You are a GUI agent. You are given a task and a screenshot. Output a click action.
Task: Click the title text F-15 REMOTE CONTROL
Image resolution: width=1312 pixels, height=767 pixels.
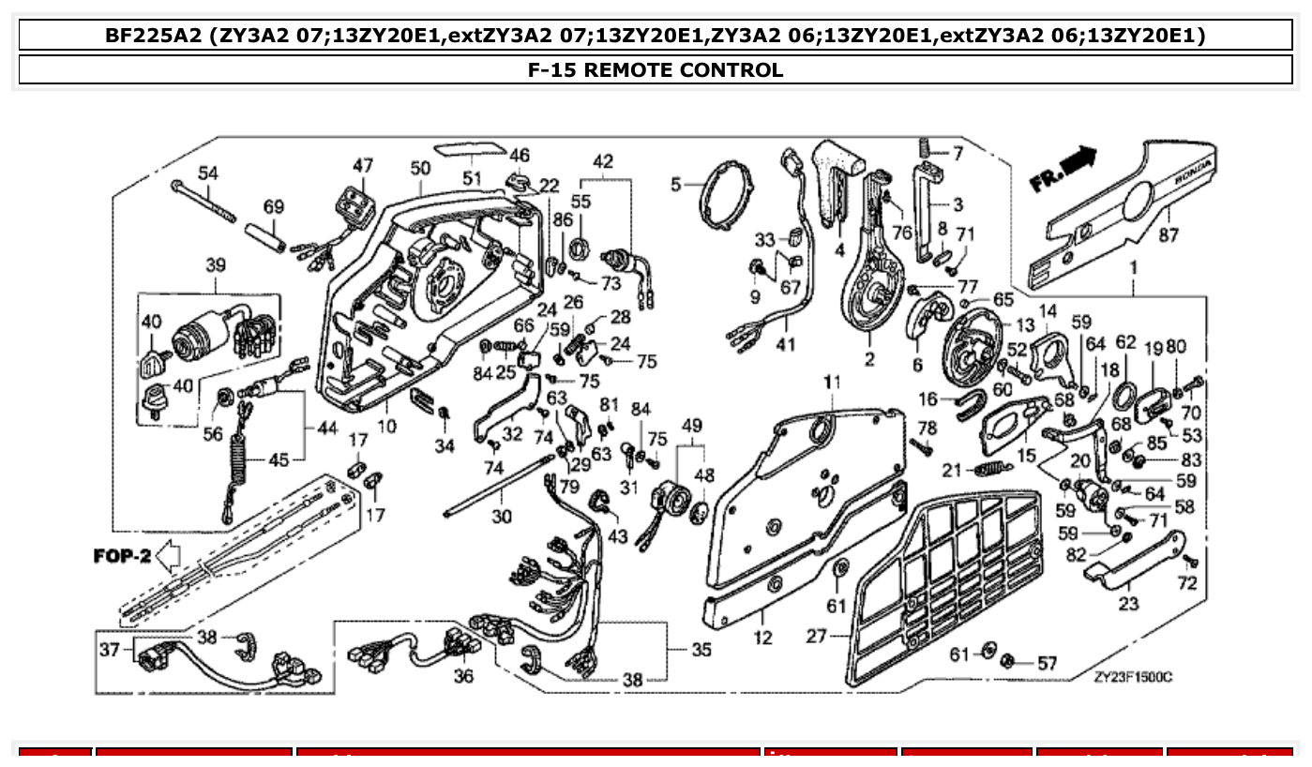[x=656, y=70]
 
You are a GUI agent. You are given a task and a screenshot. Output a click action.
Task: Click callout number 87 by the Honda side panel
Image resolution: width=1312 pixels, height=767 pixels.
[x=1168, y=235]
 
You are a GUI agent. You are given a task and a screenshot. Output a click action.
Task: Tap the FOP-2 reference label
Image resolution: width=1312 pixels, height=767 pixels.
[x=122, y=556]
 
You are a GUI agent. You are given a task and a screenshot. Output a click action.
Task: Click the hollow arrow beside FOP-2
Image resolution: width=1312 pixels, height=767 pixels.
[x=168, y=557]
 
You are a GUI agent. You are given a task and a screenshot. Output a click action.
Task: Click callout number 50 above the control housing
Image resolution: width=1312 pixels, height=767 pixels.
[x=420, y=168]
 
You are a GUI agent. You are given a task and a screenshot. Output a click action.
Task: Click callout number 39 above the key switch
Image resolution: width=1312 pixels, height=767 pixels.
[x=215, y=266]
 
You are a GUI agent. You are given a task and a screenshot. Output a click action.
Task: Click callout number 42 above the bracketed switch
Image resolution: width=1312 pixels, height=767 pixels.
[x=602, y=161]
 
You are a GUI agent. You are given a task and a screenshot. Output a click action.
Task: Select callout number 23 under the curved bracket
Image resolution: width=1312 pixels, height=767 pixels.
[x=1128, y=604]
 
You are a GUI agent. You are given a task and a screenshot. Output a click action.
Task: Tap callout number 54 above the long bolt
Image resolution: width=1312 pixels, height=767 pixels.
[x=207, y=173]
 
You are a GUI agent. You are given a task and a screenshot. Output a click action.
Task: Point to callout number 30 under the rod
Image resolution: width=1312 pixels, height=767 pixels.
[x=502, y=516]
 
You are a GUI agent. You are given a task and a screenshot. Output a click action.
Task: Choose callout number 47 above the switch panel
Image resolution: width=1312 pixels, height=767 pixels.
[x=362, y=166]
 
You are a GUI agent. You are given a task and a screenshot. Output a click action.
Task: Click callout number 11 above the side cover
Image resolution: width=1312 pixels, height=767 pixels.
[x=833, y=382]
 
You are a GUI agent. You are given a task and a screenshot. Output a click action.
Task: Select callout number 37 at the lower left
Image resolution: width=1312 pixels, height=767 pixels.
[x=111, y=649]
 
